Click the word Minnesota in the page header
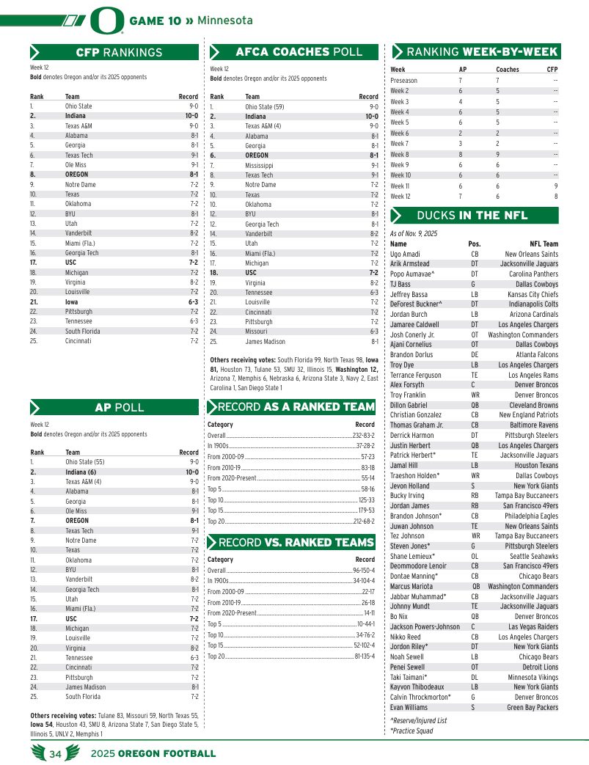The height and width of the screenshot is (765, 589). click(x=224, y=21)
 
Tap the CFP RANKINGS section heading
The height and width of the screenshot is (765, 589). click(x=119, y=52)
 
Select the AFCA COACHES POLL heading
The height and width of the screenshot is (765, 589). click(x=299, y=52)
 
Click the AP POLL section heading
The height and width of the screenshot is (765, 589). click(x=119, y=407)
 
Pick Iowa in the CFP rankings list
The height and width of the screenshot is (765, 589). click(x=72, y=301)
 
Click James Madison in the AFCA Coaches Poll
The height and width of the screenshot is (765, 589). click(x=265, y=341)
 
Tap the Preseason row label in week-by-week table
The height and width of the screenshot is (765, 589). click(x=403, y=80)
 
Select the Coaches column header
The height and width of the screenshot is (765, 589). click(x=507, y=70)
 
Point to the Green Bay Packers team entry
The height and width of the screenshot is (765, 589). click(x=532, y=708)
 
